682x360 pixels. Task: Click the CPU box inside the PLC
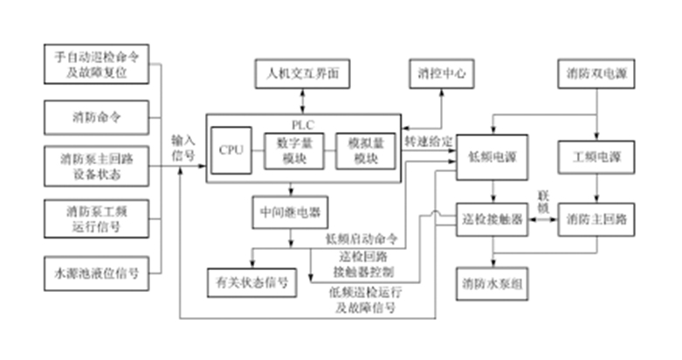231,150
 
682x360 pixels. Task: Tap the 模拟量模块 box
361,150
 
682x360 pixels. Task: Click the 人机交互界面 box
302,74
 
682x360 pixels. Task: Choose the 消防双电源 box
596,74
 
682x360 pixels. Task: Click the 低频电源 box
493,157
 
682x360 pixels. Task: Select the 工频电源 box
596,157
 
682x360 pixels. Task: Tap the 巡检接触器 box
493,218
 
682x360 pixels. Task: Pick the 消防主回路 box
596,218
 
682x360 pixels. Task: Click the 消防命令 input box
95,115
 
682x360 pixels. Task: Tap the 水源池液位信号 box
95,273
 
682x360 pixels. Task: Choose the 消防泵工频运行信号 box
95,218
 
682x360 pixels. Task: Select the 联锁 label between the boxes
542,204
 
